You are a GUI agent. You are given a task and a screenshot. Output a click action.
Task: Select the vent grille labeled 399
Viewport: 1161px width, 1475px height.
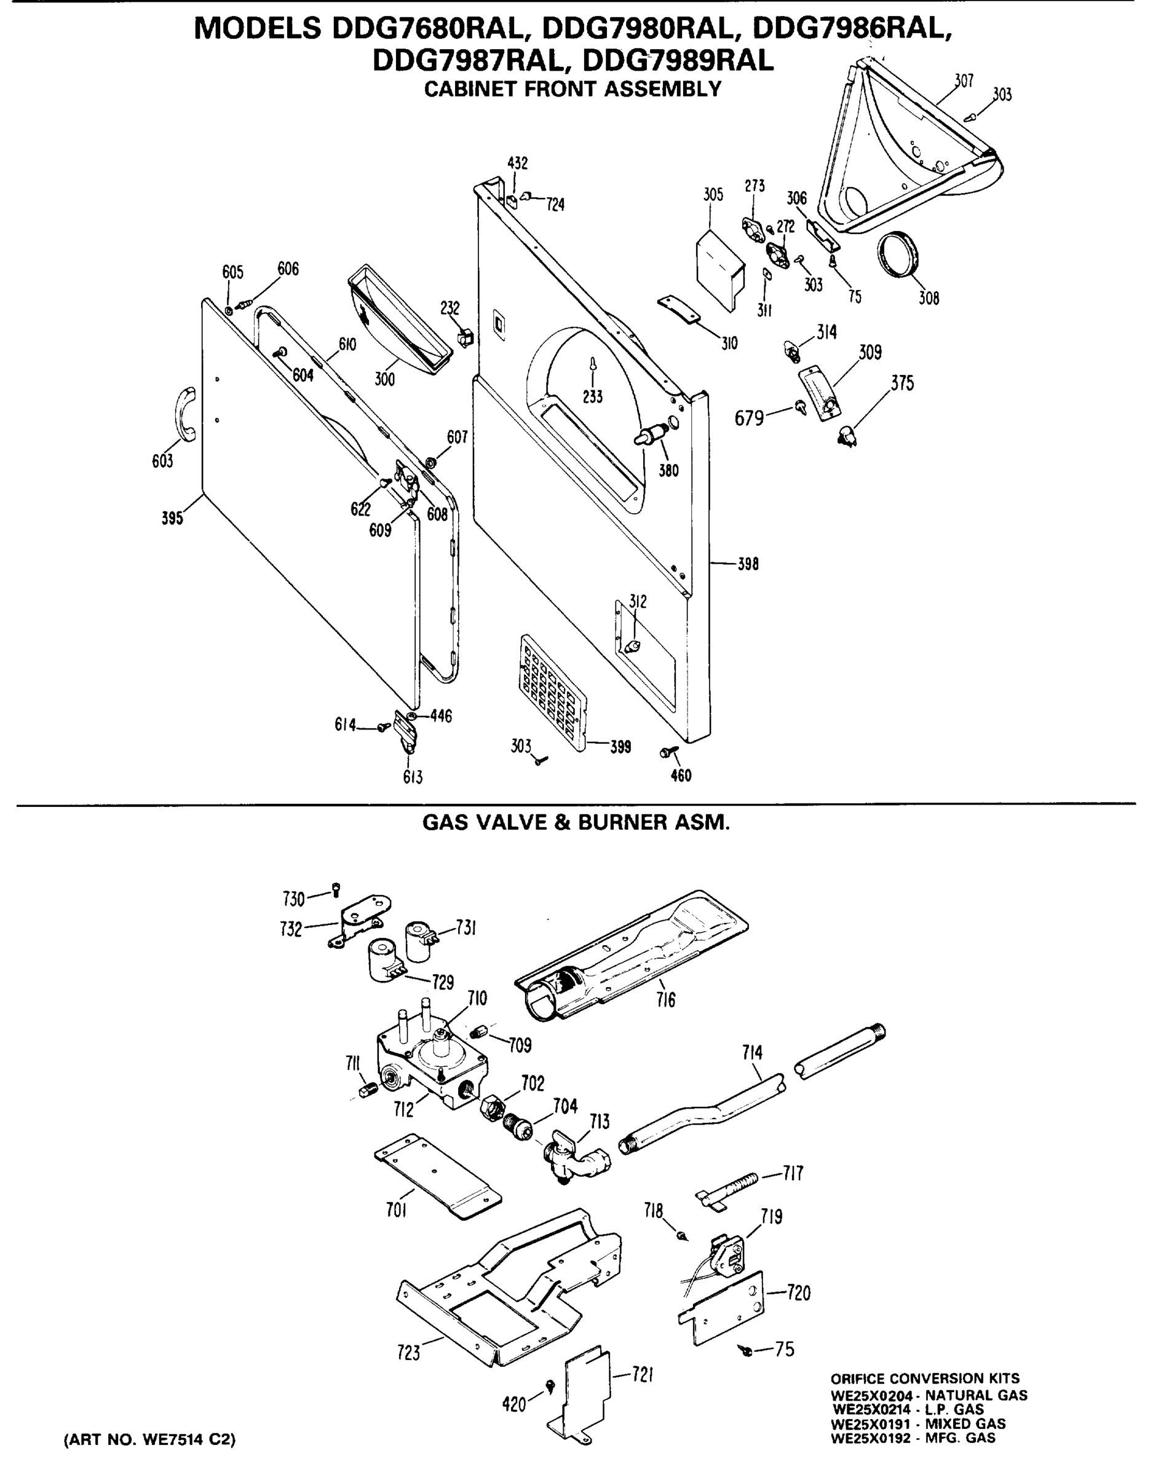coord(553,693)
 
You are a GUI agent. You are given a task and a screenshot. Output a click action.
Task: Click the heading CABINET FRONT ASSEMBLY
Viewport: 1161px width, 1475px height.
coord(573,89)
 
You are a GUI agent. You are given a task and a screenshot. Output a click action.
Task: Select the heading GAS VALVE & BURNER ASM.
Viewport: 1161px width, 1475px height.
coord(576,823)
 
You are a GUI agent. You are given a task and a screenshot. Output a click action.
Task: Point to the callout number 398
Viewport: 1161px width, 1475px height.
coord(748,564)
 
